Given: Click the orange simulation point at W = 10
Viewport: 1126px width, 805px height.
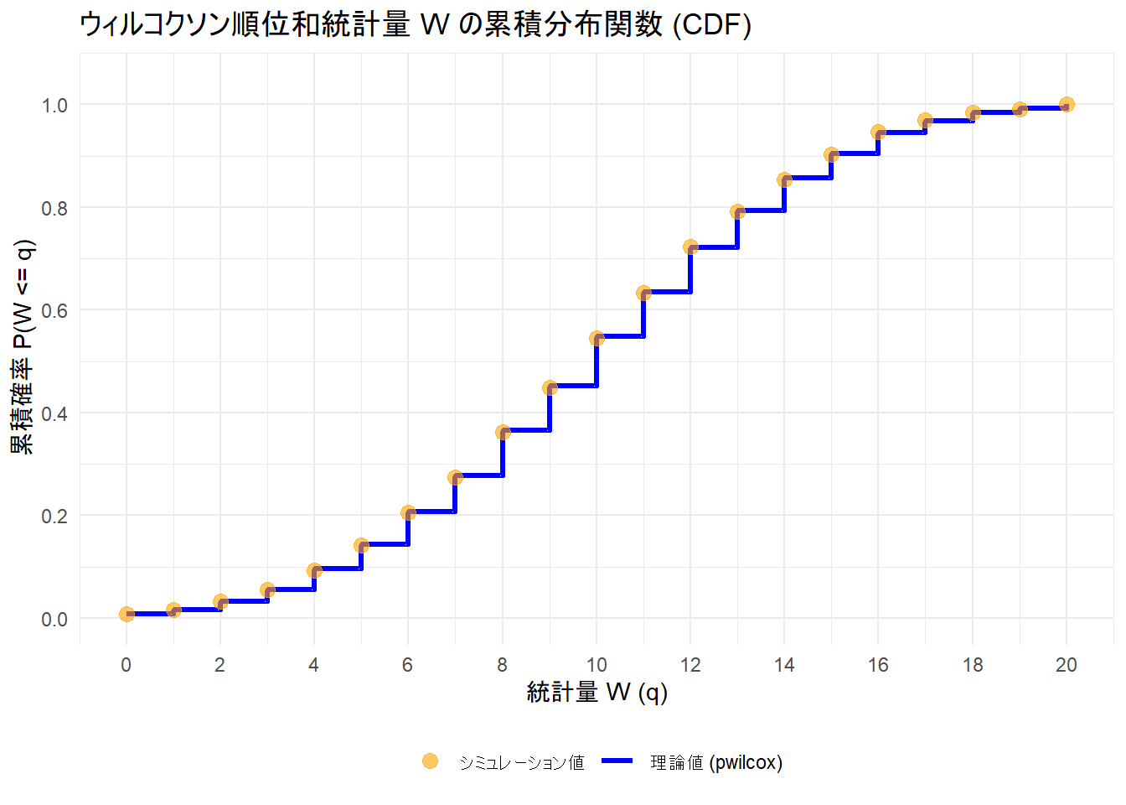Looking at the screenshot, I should click(597, 339).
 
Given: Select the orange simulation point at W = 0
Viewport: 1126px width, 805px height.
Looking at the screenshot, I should click(127, 614).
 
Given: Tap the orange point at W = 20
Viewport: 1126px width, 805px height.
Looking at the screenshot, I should click(1067, 105).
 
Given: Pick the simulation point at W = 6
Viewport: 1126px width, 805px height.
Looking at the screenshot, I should click(408, 512).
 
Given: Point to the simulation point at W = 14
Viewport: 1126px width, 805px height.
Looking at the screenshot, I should click(784, 179).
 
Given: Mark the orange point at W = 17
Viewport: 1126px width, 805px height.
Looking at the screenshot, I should click(925, 121).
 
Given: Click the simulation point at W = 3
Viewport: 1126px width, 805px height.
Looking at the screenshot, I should click(267, 590).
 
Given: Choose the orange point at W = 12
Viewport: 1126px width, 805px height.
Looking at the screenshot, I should click(690, 247).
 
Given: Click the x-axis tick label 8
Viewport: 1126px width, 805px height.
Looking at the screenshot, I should click(502, 665).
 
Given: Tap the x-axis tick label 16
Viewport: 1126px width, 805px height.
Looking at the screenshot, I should click(878, 665).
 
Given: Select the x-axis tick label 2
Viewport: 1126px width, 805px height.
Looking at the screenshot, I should click(220, 665).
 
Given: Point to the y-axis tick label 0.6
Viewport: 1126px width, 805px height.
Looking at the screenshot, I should click(54, 311).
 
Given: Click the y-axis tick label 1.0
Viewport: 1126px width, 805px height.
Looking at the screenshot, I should click(54, 106).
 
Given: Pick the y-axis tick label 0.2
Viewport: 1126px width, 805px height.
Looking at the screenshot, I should click(54, 517).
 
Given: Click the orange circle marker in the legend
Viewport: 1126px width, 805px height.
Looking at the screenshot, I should click(430, 761).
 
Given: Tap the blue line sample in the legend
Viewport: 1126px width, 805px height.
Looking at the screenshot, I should click(618, 761).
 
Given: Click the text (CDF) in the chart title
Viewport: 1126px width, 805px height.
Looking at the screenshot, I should click(711, 24).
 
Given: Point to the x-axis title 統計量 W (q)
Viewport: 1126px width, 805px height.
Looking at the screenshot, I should click(597, 693).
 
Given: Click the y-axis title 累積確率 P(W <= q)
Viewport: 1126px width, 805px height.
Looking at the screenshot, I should click(23, 347).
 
